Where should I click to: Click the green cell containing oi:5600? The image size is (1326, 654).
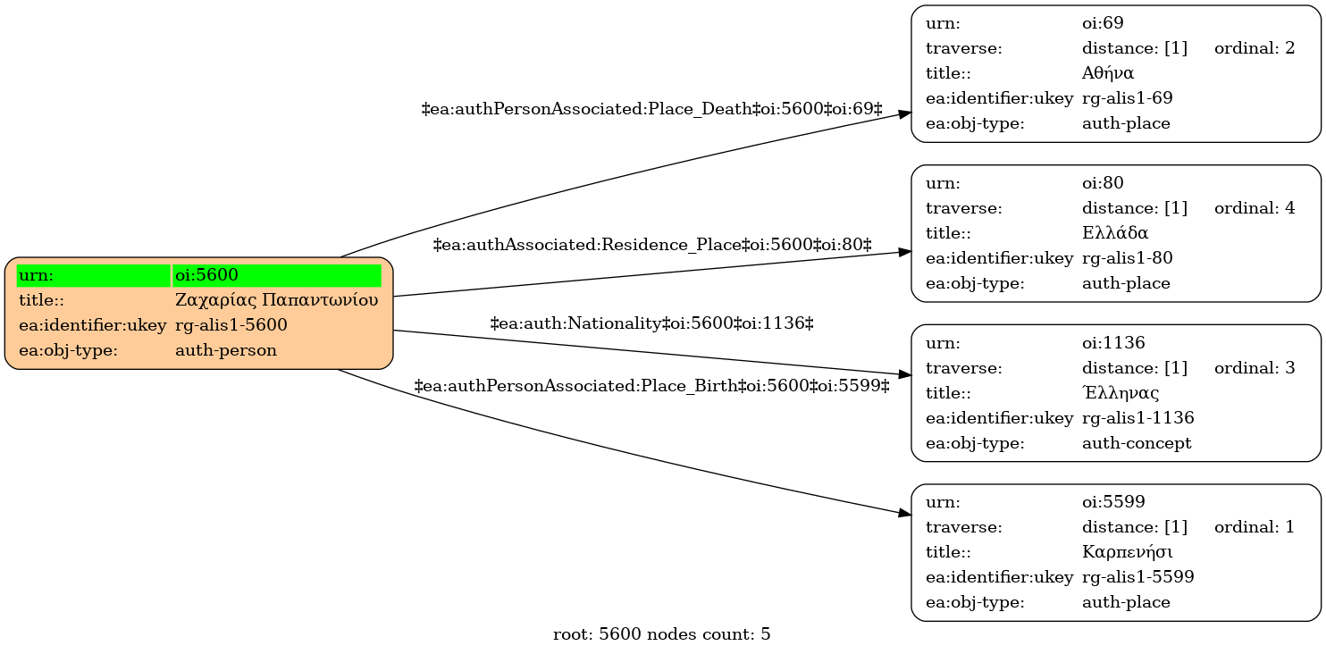click(276, 275)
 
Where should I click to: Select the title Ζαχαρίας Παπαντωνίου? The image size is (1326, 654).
click(276, 300)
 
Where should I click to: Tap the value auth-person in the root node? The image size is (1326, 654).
click(226, 350)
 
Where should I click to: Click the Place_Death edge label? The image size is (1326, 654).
click(651, 109)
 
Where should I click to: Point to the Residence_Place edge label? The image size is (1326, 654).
click(652, 245)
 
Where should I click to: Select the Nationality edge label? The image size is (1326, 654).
click(651, 323)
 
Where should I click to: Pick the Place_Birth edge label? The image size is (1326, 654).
click(651, 386)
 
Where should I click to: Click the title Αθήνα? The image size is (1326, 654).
click(1108, 72)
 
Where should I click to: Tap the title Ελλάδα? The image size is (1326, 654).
click(1115, 232)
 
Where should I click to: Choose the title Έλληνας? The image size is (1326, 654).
click(1120, 392)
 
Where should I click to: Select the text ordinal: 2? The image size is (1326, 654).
click(1255, 48)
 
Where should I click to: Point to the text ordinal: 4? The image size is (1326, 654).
click(1255, 208)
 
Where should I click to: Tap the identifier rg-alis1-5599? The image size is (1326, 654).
click(1137, 577)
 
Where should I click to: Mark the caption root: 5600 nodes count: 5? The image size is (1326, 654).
click(662, 634)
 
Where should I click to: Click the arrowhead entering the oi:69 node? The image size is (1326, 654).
click(904, 113)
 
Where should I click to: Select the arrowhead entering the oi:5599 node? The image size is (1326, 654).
click(904, 513)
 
